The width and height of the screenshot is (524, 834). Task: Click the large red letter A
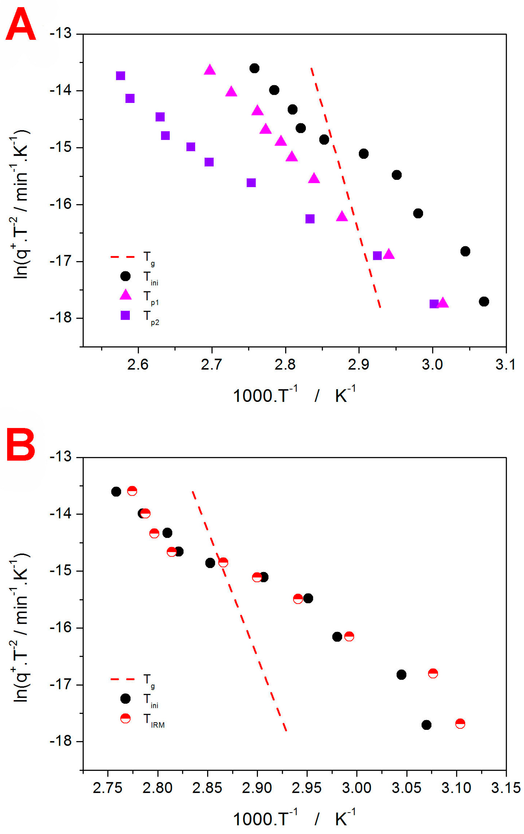point(21,25)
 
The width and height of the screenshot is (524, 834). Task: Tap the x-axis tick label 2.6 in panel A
point(137,364)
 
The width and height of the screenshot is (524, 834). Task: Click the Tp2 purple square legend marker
point(125,315)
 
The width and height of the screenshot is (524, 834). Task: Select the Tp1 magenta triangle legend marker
point(125,295)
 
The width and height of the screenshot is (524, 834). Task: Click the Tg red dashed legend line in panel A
point(122,257)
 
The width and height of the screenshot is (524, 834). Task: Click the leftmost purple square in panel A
point(120,76)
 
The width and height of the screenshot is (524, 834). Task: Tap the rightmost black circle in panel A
point(484,301)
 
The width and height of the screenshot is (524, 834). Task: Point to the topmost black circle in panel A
point(254,68)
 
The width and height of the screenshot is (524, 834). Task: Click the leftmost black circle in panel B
point(116,491)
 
